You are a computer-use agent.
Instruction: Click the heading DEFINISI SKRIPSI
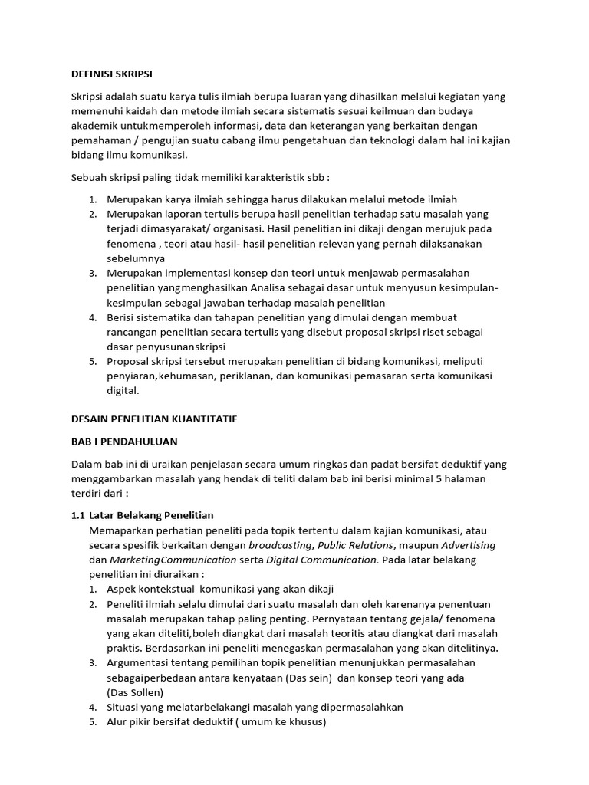point(112,74)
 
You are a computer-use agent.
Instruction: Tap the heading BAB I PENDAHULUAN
point(123,442)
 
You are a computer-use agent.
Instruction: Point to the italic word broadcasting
point(280,545)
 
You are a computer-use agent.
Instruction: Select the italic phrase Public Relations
point(354,545)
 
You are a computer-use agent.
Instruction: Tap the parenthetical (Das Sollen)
point(136,692)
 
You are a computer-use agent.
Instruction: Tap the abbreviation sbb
point(314,176)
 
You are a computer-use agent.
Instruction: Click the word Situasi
point(126,707)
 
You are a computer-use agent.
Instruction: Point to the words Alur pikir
point(130,721)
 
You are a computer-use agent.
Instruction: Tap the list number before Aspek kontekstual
point(92,590)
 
